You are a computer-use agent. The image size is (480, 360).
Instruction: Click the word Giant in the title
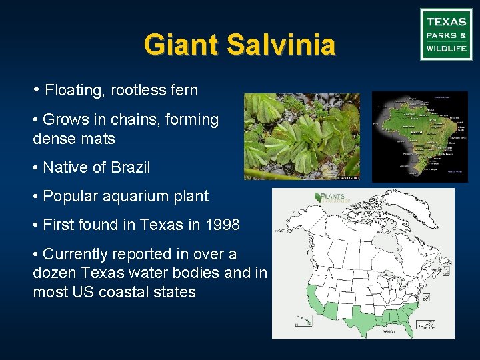click(x=181, y=45)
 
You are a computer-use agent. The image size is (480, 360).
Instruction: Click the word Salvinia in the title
click(x=281, y=45)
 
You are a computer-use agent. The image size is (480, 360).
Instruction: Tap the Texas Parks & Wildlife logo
click(x=446, y=35)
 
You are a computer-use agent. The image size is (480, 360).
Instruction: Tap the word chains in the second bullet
click(x=118, y=119)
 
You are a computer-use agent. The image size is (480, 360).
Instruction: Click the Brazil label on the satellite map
click(x=417, y=133)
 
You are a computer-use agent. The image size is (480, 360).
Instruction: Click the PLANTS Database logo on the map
click(x=330, y=198)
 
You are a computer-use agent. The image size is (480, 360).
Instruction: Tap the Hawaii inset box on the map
click(x=303, y=320)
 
